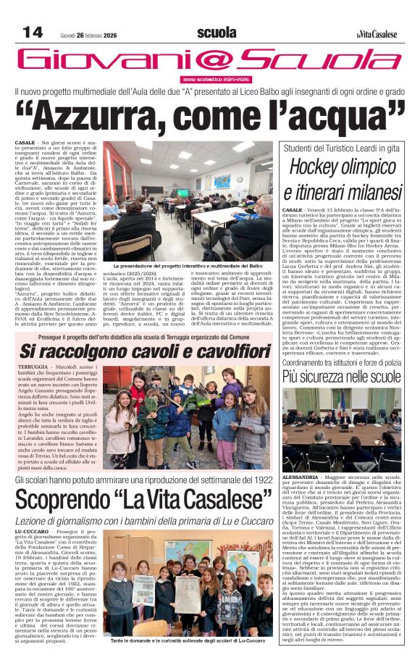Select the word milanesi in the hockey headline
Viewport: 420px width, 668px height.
tap(364, 194)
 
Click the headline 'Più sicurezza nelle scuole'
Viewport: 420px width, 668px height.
tap(340, 376)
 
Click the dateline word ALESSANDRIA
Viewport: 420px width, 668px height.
tap(301, 478)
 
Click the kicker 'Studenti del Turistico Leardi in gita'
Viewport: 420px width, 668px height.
tap(340, 149)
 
